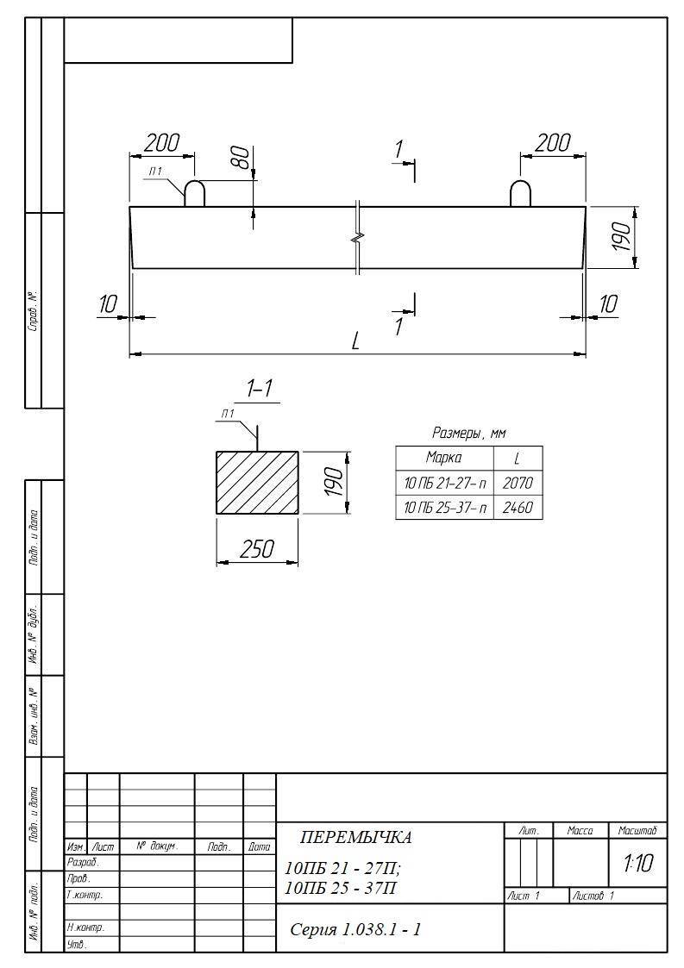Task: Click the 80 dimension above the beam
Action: [x=243, y=157]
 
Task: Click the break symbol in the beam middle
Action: [x=358, y=237]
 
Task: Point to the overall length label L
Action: [x=355, y=340]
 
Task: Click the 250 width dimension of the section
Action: [x=257, y=548]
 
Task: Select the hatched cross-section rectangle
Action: [x=257, y=482]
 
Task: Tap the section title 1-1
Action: [x=260, y=388]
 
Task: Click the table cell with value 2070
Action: [x=518, y=483]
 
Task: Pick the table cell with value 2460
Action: [x=518, y=508]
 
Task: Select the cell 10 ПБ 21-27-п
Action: [x=445, y=483]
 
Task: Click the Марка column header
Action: [x=443, y=458]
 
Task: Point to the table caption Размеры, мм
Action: [x=468, y=433]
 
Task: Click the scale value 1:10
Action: [x=637, y=863]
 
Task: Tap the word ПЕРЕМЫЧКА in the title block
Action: [x=356, y=837]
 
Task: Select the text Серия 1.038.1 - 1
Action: [x=356, y=929]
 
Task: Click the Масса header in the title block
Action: [x=580, y=831]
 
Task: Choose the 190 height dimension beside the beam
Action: [x=621, y=237]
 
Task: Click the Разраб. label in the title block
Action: [x=83, y=863]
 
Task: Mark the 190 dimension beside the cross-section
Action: [x=333, y=482]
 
